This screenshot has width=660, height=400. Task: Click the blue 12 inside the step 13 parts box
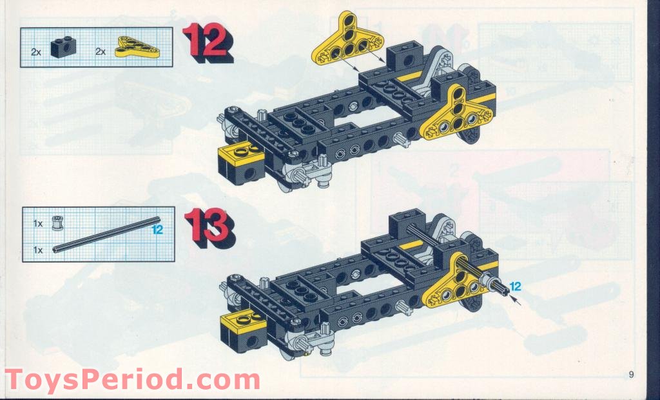point(157,228)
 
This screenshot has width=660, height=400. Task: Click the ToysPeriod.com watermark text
point(132,379)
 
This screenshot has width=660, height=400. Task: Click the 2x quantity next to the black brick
point(35,50)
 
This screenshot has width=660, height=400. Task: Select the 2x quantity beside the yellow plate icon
point(101,50)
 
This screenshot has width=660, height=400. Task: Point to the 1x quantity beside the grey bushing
point(38,223)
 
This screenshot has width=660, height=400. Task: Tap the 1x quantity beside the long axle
point(38,249)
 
